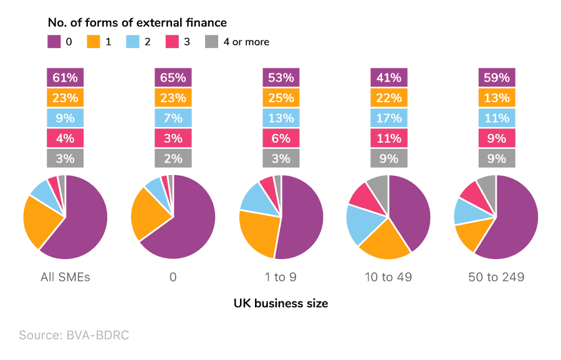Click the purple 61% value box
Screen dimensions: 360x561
pos(65,78)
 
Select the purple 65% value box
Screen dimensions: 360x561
pos(173,78)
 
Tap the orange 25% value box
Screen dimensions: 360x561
pos(280,98)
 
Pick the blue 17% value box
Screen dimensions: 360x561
pos(389,118)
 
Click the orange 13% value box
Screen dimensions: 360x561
pos(497,98)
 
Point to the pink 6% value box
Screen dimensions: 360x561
pos(280,138)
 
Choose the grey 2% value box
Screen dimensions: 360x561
pos(173,158)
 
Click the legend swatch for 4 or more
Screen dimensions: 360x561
pos(212,42)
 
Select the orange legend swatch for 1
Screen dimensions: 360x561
pos(93,42)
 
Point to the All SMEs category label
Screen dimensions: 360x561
pos(65,277)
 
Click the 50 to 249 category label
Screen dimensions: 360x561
pos(497,277)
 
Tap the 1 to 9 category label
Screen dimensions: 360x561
pos(280,277)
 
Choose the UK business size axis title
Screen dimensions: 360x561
pos(280,303)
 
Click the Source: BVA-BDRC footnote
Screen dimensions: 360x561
pos(74,335)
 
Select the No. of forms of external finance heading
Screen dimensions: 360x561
pos(137,23)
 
